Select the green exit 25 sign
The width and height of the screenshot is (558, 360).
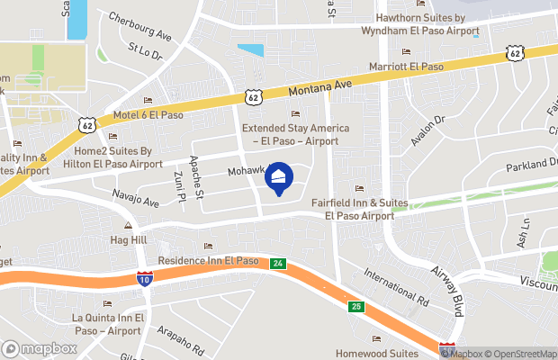click(356, 308)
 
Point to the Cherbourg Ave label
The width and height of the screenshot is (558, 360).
click(139, 26)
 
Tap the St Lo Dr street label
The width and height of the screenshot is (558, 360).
click(144, 52)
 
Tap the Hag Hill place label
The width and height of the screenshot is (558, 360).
click(128, 240)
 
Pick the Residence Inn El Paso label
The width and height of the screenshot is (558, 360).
click(208, 260)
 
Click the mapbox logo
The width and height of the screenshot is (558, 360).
click(40, 348)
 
